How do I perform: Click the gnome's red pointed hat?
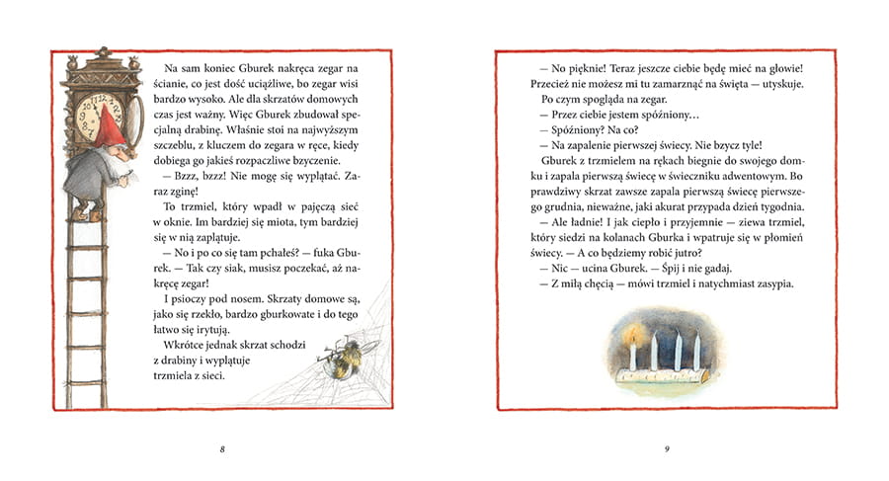point(112,125)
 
